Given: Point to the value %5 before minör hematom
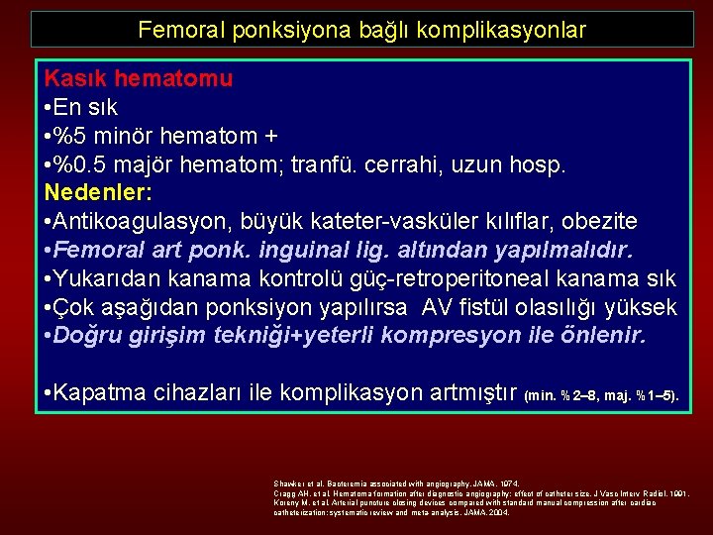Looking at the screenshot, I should click(x=76, y=135).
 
